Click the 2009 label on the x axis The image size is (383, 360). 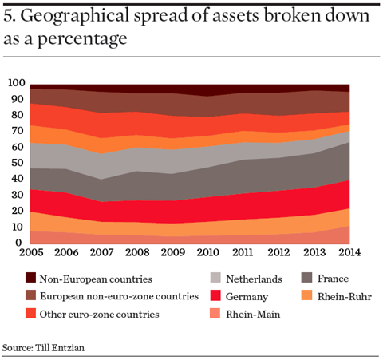click(x=173, y=252)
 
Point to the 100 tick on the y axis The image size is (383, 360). click(x=17, y=83)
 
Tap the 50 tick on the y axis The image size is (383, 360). click(x=18, y=163)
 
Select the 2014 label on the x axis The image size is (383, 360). click(x=349, y=252)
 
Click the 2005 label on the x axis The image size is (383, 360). click(x=31, y=252)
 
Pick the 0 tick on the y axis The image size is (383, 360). click(x=18, y=243)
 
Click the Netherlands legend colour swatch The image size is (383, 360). click(x=215, y=277)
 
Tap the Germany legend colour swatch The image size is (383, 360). click(x=215, y=295)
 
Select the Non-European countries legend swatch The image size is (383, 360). click(x=30, y=277)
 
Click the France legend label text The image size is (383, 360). click(x=333, y=279)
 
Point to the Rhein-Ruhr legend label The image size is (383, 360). click(x=345, y=296)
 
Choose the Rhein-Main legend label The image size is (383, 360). click(x=253, y=315)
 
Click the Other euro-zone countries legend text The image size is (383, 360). click(x=100, y=315)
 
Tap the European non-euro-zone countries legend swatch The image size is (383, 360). click(x=30, y=295)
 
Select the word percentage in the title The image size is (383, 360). click(x=82, y=39)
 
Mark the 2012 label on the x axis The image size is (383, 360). click(x=278, y=252)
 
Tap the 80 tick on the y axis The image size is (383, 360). click(x=18, y=115)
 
